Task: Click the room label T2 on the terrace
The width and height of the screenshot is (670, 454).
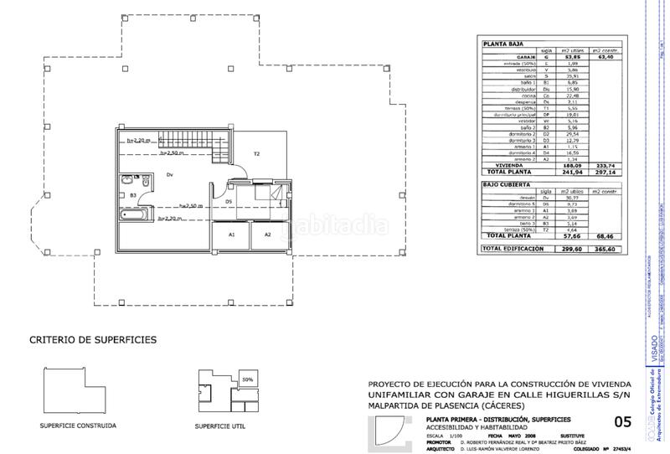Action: pos(257,153)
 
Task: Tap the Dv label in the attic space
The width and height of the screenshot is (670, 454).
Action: pos(169,174)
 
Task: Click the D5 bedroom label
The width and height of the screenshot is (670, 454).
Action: pos(228,201)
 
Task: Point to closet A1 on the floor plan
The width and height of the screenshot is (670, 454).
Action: pos(232,235)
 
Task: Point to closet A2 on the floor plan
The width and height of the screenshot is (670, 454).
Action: pos(268,235)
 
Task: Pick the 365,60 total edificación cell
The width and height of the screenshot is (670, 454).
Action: pos(602,249)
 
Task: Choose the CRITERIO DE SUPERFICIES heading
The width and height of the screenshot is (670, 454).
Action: pos(92,340)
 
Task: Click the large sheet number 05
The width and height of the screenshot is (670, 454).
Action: pos(623,421)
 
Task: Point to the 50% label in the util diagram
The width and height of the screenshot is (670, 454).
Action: pos(248,379)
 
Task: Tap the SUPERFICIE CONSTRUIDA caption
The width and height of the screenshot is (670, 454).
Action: pos(78,426)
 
